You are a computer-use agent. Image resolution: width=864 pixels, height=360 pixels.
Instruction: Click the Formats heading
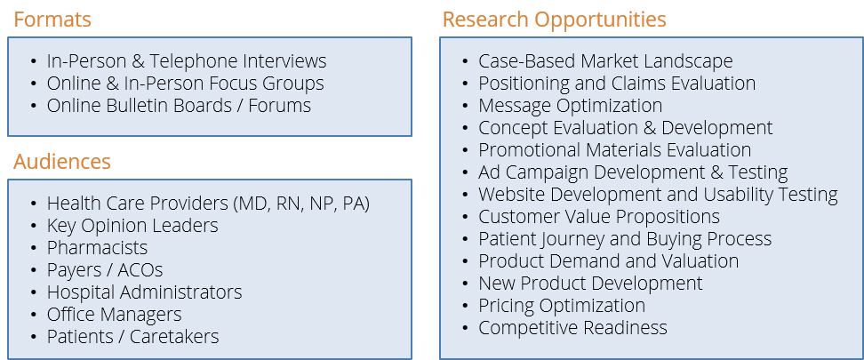coord(52,20)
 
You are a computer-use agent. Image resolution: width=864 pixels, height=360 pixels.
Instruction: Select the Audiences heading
coord(62,162)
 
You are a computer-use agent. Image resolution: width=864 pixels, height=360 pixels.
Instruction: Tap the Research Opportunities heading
coord(555,20)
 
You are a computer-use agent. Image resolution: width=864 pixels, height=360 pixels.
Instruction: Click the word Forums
coord(280,105)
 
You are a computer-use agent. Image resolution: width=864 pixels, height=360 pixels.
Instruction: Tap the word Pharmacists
coord(98,248)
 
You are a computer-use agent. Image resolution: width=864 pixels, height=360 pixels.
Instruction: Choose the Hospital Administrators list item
coord(144,292)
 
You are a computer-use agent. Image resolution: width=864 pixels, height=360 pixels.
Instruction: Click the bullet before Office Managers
coord(34,315)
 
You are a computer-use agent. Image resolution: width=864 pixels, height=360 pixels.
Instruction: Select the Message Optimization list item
coord(571,106)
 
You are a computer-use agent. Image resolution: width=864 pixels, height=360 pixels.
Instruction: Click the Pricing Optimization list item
coord(562,306)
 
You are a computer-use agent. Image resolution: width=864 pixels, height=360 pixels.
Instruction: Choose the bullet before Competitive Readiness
coord(466,328)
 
